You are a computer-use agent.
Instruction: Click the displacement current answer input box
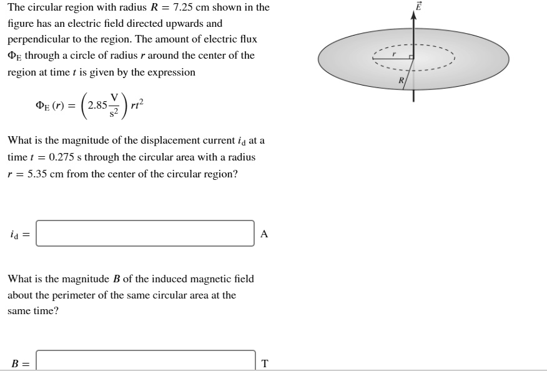(145, 234)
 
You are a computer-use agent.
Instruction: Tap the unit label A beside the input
(264, 234)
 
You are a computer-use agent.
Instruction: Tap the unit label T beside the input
(265, 364)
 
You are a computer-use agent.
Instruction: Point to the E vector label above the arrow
(418, 6)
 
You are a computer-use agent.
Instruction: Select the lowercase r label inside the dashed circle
(394, 54)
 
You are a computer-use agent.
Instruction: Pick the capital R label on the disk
(402, 81)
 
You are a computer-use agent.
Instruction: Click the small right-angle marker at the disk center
(411, 57)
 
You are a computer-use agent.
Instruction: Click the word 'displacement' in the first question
(145, 140)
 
